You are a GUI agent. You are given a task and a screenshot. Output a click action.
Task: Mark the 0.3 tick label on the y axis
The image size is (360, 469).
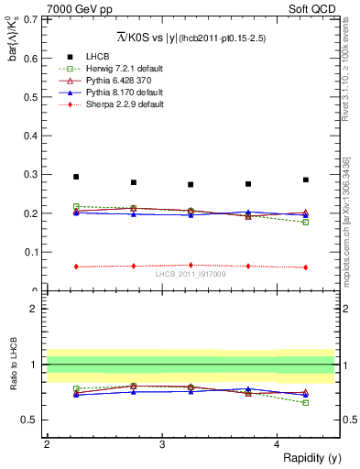pos(34,174)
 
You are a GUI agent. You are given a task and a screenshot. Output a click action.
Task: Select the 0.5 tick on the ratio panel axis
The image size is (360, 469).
pos(34,420)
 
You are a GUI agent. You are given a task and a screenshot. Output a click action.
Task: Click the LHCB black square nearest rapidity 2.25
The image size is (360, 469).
pos(76,177)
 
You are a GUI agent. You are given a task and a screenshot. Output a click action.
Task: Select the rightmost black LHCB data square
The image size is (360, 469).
pos(306,180)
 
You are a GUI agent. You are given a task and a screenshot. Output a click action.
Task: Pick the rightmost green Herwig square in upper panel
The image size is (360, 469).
pos(306,222)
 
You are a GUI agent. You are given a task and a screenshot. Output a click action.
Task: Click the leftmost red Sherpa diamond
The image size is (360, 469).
pos(76,267)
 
